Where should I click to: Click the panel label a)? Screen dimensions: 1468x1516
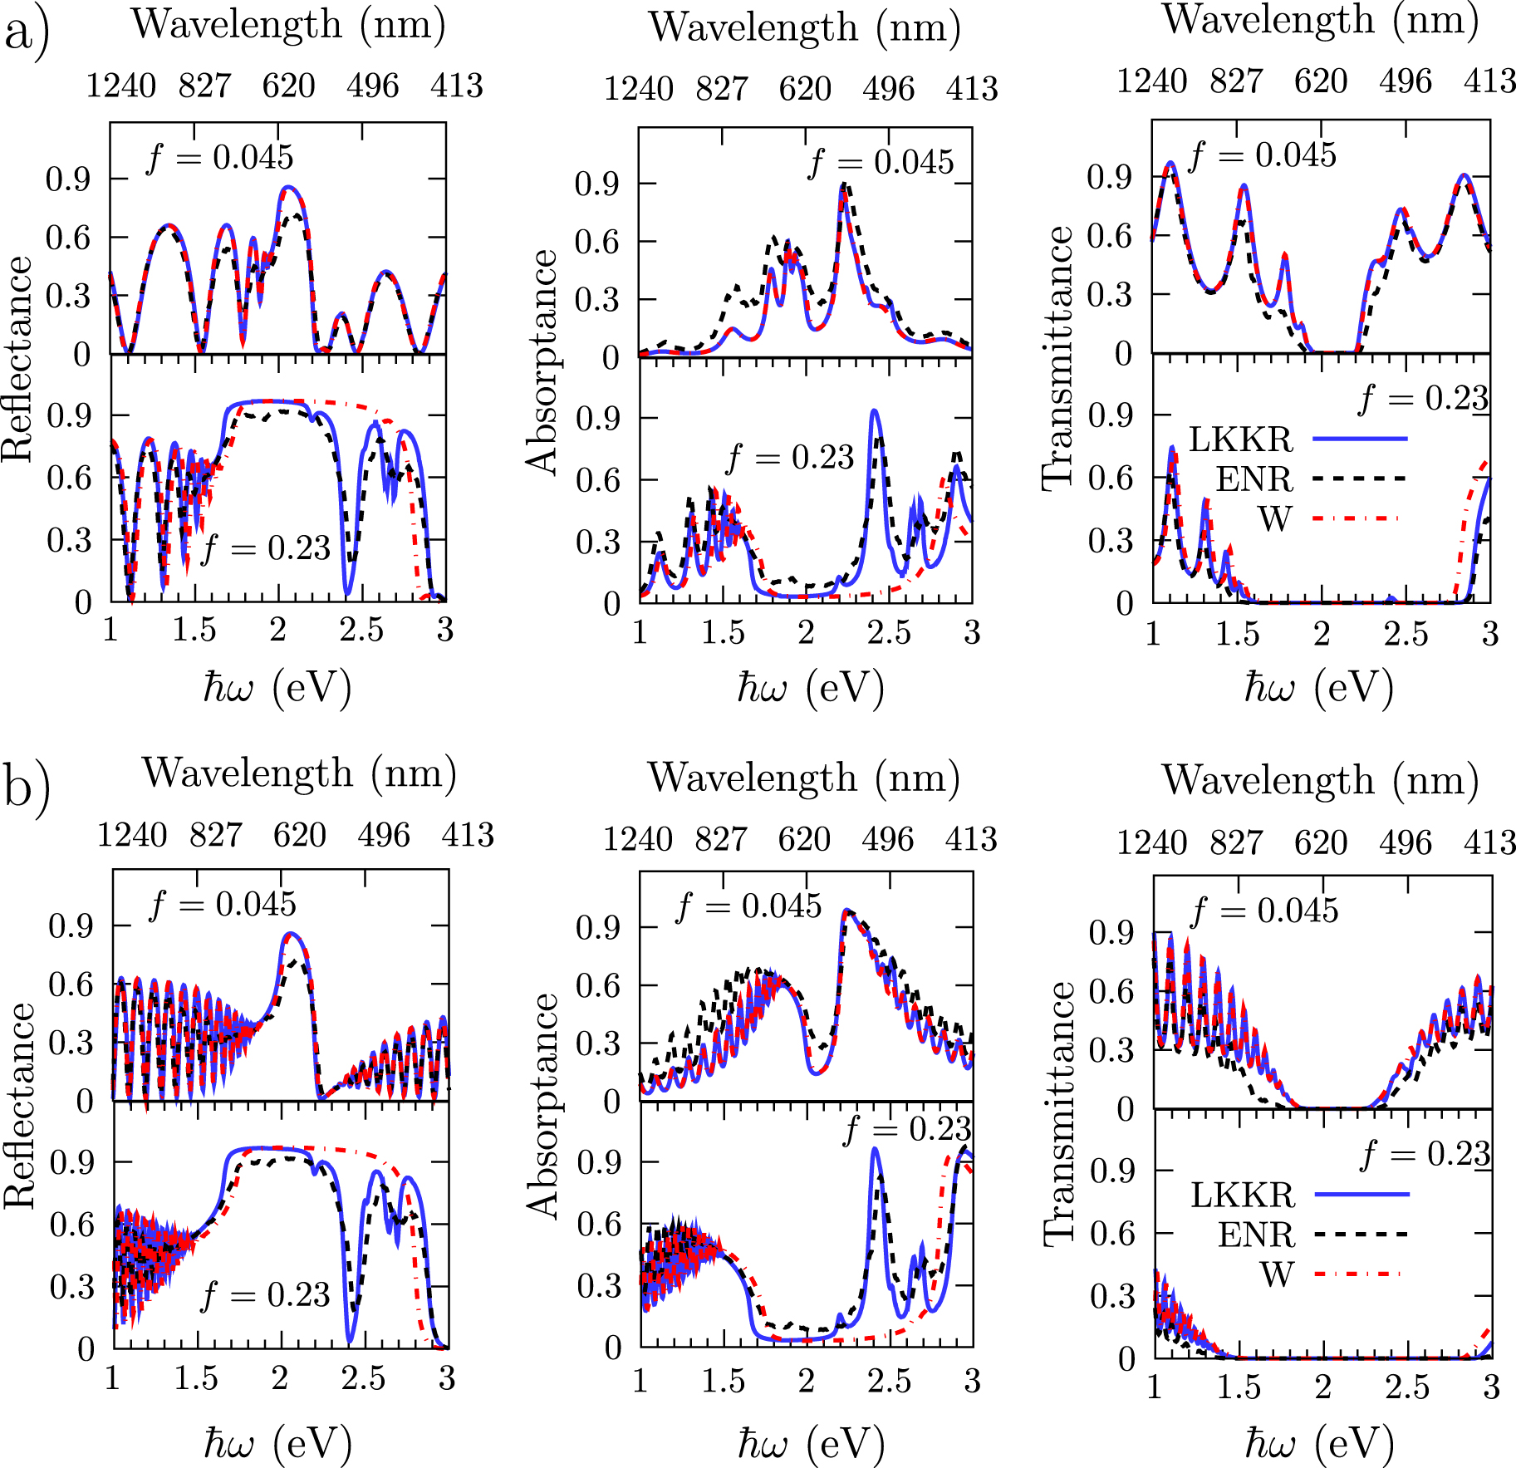pos(27,33)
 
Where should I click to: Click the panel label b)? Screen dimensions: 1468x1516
pos(27,786)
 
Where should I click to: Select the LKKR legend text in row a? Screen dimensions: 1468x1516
pos(1241,439)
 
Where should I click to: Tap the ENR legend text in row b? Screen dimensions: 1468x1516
pos(1256,1235)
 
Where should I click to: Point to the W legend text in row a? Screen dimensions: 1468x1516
pos(1275,519)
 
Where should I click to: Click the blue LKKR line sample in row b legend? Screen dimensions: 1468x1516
pos(1362,1195)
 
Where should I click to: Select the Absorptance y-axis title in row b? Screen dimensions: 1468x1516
pos(543,1105)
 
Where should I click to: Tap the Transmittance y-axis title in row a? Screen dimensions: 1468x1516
pos(1058,357)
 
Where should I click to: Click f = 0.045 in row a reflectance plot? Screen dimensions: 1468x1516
pos(220,157)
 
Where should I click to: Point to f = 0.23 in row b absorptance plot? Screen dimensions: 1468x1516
pos(907,1129)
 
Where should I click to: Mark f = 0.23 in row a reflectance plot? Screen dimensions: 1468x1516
pos(266,548)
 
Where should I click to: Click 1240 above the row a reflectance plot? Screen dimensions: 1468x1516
pos(121,86)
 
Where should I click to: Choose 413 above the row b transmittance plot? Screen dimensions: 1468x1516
pos(1489,842)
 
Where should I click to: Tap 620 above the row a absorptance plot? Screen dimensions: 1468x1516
pos(805,89)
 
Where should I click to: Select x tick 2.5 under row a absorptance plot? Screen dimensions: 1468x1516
pos(889,633)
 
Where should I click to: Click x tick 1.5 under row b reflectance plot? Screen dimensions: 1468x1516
pos(196,1378)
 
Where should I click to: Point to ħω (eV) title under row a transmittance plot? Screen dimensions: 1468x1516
pos(1318,688)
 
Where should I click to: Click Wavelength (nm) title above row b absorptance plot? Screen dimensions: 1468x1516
pos(804,778)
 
